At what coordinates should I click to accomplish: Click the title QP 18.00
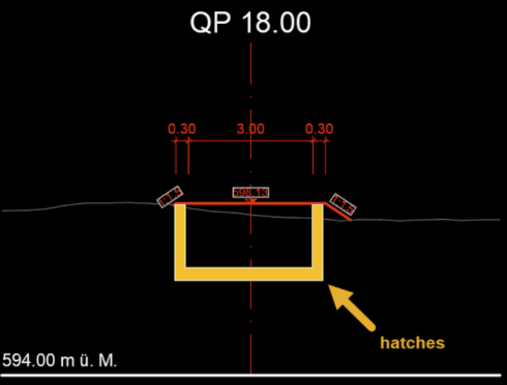pos(250,23)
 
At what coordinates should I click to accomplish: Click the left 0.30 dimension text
pos(182,129)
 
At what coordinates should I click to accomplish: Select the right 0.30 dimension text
pos(319,129)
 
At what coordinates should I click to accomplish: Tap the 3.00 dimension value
pos(250,129)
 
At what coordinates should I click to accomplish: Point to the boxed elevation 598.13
pos(250,192)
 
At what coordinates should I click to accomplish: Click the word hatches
pos(412,342)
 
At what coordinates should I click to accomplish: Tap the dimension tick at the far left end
pos(175,140)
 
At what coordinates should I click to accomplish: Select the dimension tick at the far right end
pos(326,140)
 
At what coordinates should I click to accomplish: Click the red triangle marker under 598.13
pos(251,200)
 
